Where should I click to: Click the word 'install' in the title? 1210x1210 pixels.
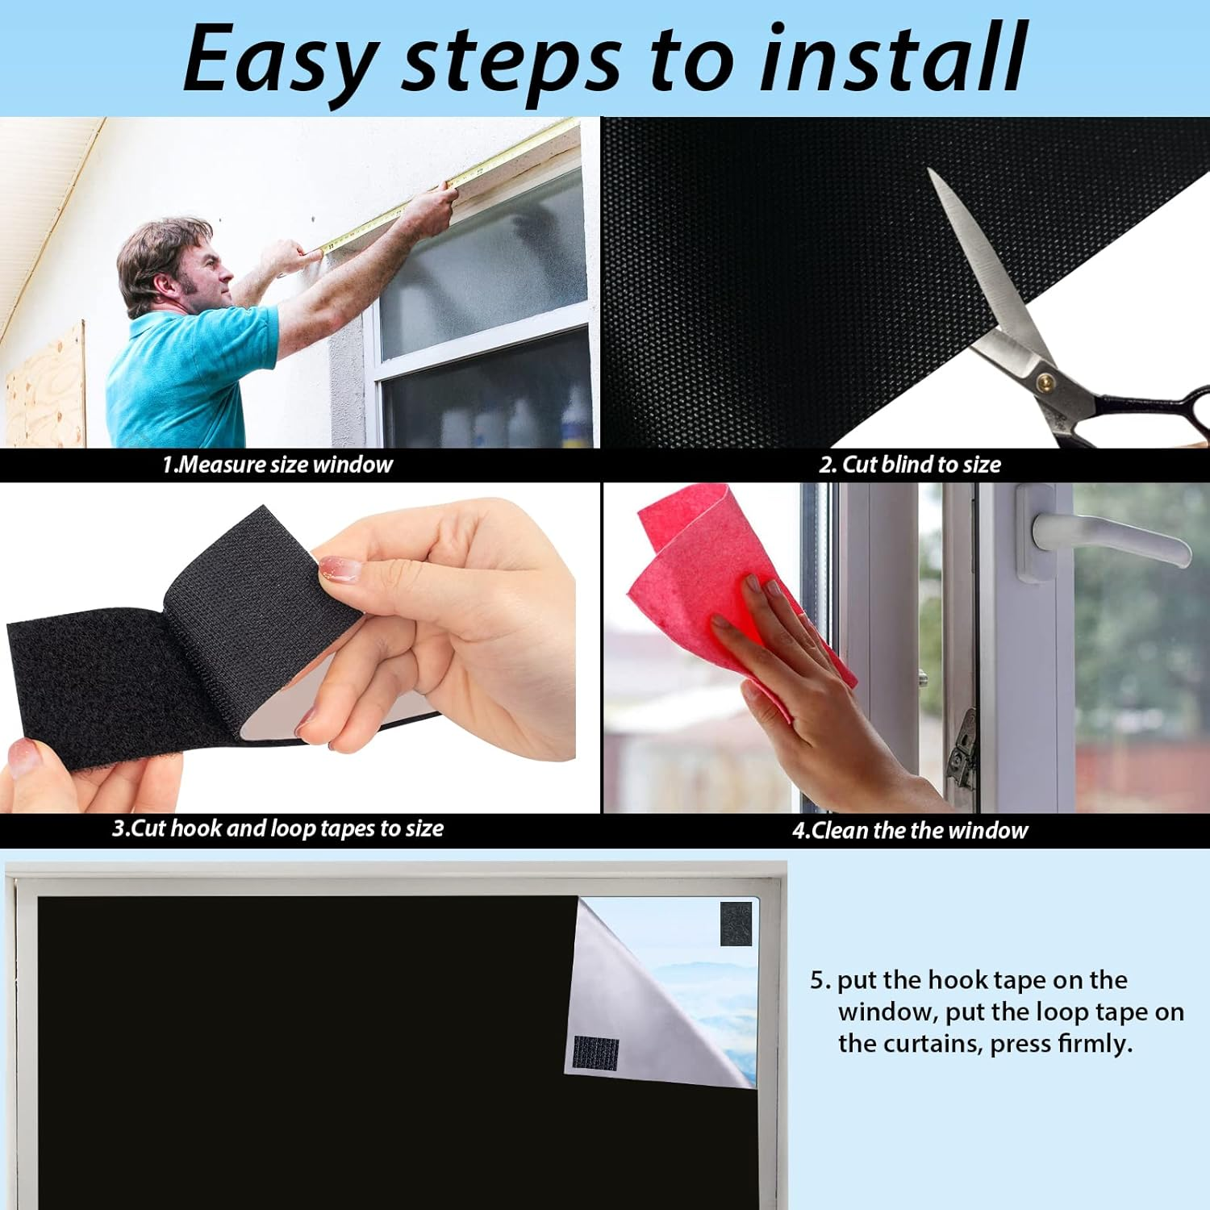point(893,58)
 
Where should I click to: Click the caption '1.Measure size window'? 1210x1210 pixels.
point(277,465)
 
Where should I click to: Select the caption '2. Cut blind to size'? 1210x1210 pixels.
point(910,465)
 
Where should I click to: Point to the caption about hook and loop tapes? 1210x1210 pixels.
point(277,828)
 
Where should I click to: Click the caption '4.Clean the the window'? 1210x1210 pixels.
point(910,830)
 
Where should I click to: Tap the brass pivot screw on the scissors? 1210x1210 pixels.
point(1046,378)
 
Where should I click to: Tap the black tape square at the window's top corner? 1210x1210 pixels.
point(736,924)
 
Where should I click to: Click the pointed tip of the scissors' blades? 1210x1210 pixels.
point(929,170)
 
